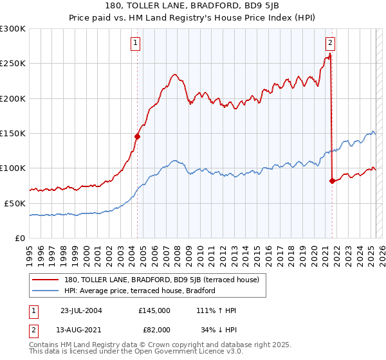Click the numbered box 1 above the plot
[136, 44]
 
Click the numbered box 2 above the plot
[330, 44]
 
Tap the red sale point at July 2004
[137, 136]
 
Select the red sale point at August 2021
[333, 181]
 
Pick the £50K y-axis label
[15, 203]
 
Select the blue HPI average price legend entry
[139, 291]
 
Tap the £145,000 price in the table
[154, 310]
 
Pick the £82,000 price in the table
[154, 330]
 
